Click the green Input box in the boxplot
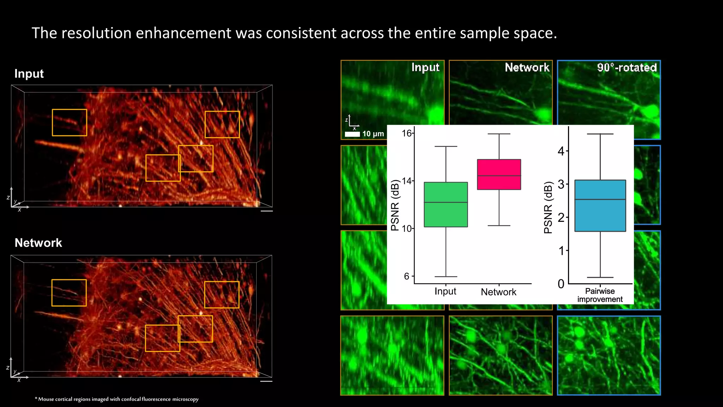tap(446, 205)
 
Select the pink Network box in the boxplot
tap(499, 175)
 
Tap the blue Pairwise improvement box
tap(600, 206)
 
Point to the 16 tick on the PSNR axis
tap(407, 133)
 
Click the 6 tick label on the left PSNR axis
tap(407, 276)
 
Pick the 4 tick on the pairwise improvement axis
tap(561, 151)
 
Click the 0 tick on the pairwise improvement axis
tap(561, 284)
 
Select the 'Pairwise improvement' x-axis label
tap(600, 295)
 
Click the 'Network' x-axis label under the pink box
tap(498, 292)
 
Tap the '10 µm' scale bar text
tap(373, 134)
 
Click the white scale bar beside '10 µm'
tap(352, 134)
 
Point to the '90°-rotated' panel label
tap(627, 67)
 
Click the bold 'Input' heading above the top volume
tap(29, 74)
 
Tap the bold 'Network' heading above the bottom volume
tap(38, 243)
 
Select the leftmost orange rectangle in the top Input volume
tap(70, 123)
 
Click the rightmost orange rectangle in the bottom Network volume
tap(222, 295)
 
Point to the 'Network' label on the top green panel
tap(527, 67)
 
